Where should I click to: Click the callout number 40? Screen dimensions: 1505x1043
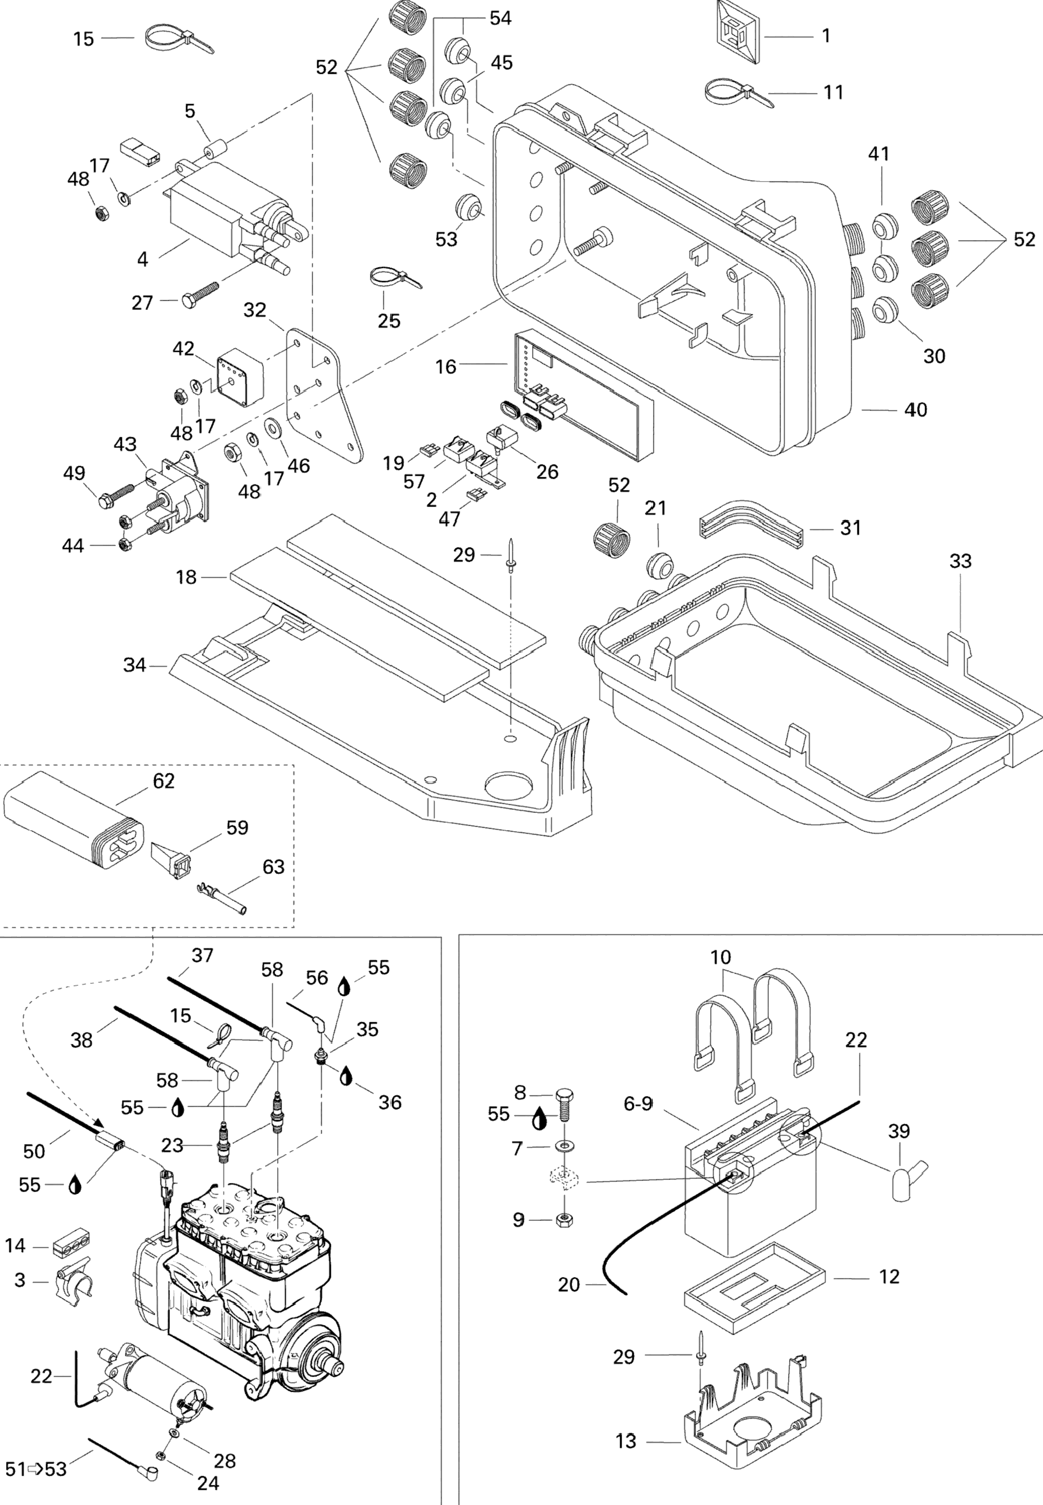point(916,409)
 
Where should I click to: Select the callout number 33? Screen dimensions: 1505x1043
point(960,561)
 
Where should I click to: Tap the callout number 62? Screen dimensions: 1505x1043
point(163,781)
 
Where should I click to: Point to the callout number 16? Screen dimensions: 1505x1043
point(446,367)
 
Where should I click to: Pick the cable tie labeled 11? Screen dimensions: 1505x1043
point(737,92)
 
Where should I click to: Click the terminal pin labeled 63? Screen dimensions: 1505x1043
point(222,899)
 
